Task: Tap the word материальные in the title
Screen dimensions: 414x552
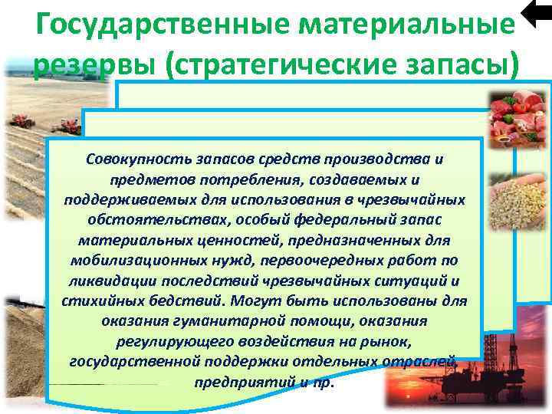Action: click(x=405, y=26)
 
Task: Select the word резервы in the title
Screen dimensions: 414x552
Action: click(x=86, y=64)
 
